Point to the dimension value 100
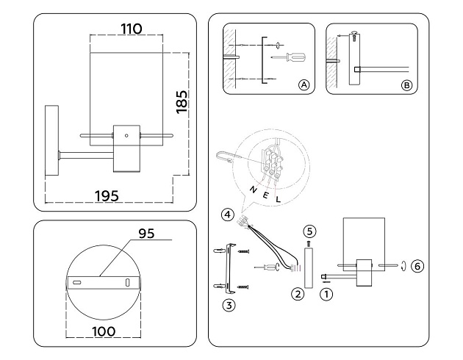(104, 331)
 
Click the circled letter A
(304, 85)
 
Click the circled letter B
(406, 85)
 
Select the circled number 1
(327, 295)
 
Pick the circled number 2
(298, 295)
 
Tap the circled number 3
(229, 303)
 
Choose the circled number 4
(229, 215)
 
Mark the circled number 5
(309, 230)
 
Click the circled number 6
(417, 265)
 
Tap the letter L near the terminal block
(277, 199)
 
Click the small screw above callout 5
(309, 242)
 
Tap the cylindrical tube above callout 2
(308, 267)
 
